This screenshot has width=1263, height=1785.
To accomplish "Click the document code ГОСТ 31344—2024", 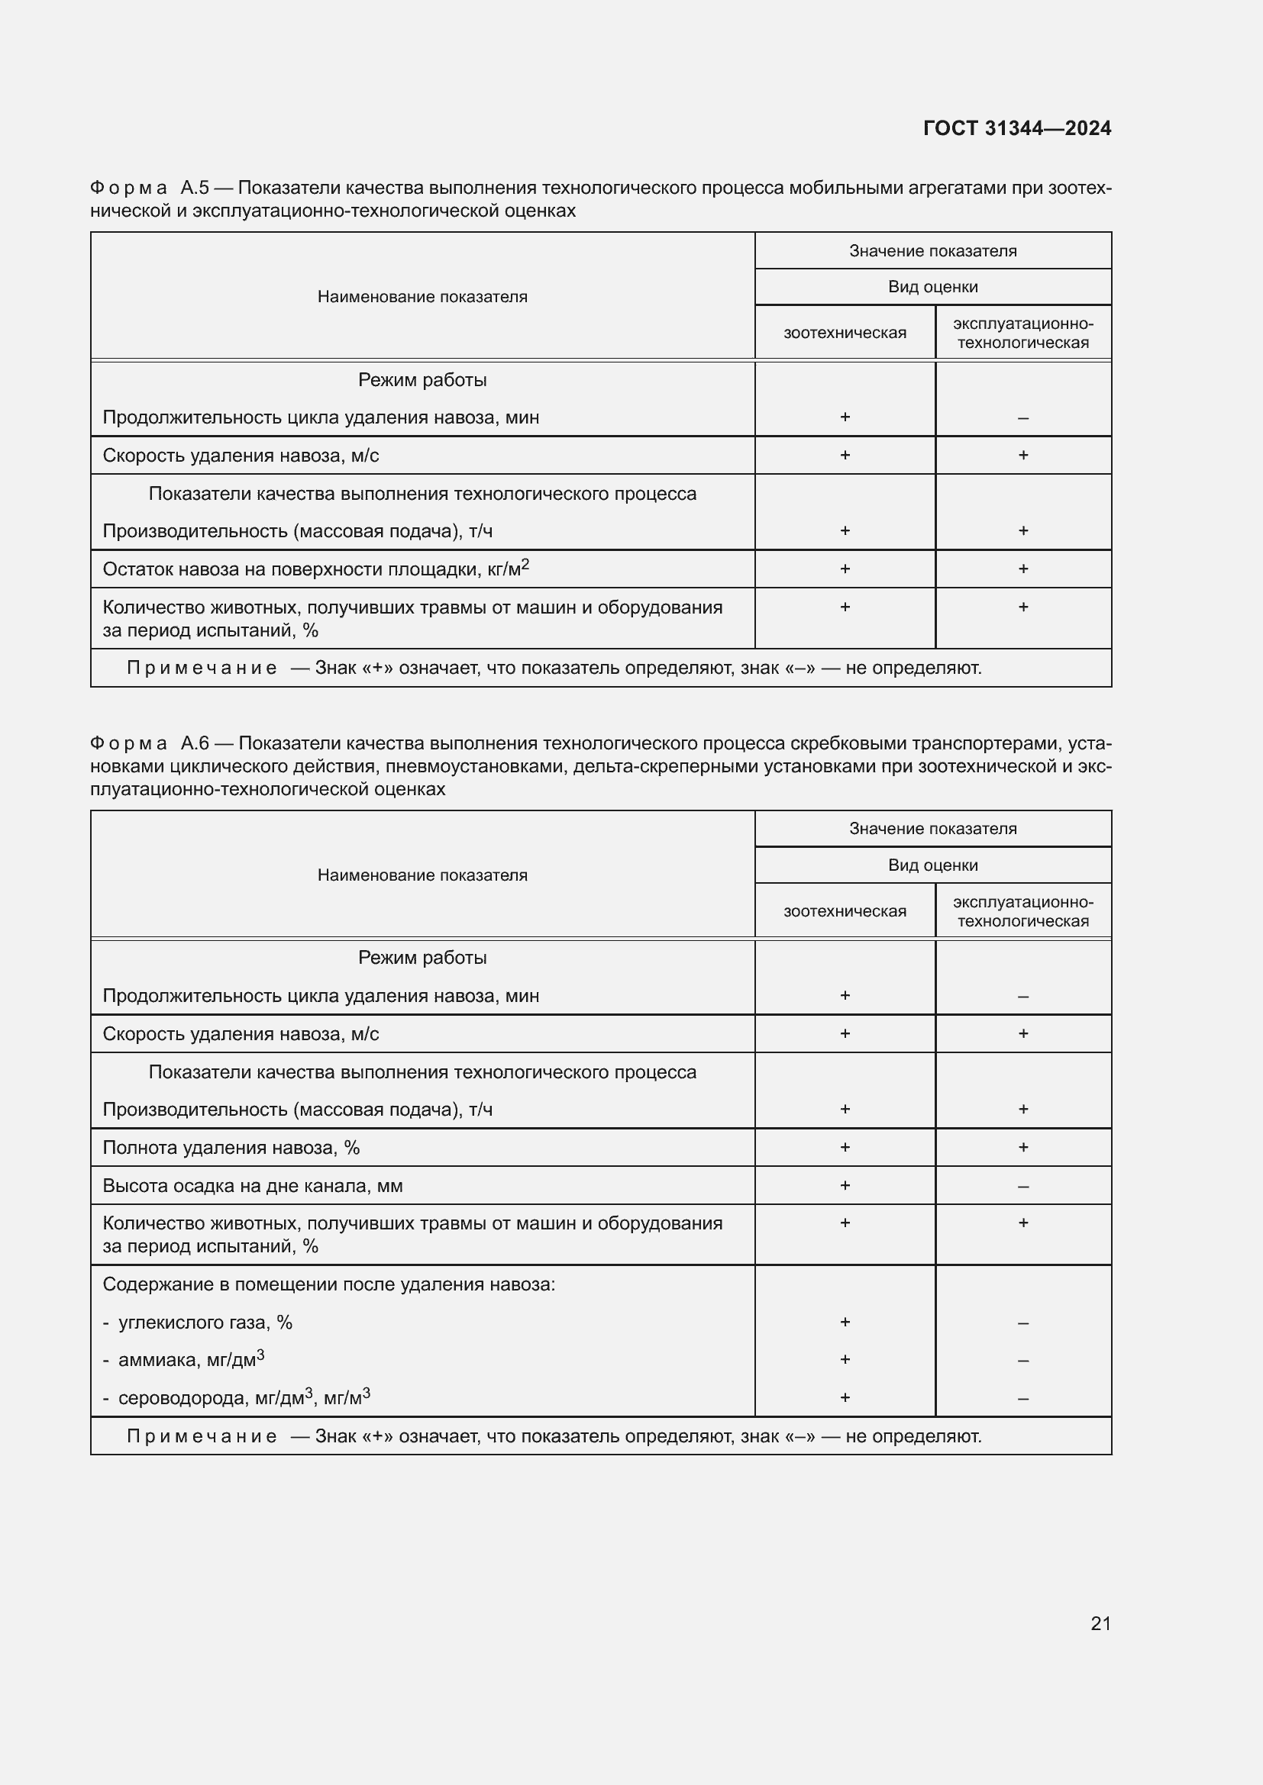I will coord(1016,128).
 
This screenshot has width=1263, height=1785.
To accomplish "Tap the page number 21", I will coord(1100,1623).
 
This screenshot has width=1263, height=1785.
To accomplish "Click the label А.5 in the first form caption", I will coord(195,188).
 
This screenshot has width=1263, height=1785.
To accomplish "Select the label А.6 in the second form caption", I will coord(195,744).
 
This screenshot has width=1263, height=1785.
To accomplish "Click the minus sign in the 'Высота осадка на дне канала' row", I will coord(1022,1187).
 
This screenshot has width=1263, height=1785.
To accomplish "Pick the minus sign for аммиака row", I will coord(1022,1361).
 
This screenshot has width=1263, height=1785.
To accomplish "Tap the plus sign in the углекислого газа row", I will coord(845,1322).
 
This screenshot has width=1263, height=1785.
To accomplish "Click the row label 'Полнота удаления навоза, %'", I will coord(231,1148).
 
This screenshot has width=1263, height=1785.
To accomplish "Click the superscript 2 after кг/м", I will coord(525,565).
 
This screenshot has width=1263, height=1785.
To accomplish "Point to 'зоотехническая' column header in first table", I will coord(845,333).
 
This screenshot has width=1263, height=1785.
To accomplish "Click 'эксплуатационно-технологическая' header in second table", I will coord(1022,911).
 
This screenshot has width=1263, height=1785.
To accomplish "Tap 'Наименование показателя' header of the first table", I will coord(422,297).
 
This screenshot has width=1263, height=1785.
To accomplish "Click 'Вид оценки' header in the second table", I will coord(932,865).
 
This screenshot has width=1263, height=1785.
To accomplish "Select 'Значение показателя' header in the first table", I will coord(932,251).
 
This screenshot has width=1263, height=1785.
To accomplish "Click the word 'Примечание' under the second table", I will coord(202,1436).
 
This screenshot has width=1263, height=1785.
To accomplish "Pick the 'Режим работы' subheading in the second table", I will coord(422,958).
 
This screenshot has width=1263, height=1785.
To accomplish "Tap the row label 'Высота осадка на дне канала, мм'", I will coord(252,1187).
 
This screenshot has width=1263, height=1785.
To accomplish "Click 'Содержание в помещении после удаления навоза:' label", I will coord(329,1284).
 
